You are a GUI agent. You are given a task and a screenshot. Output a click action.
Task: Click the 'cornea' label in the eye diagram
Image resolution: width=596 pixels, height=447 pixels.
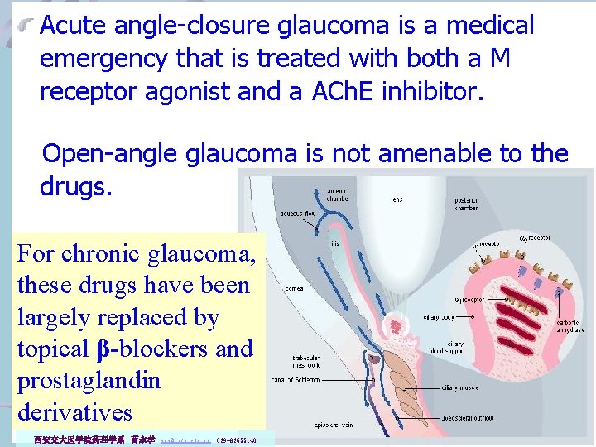click(x=294, y=289)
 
